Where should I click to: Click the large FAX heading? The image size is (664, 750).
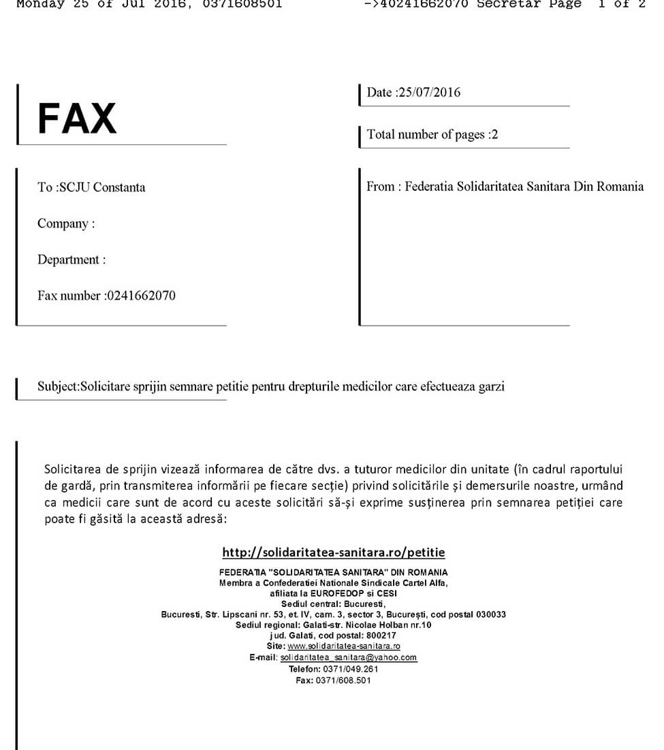point(77,118)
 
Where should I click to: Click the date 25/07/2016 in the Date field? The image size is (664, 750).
point(429,93)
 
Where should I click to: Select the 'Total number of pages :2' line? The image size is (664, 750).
point(432,134)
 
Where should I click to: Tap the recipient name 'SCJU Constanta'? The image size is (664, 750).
point(102,187)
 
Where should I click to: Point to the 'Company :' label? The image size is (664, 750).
point(66,223)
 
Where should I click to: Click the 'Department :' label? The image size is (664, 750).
point(72,260)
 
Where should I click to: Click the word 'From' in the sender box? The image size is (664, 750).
point(380,187)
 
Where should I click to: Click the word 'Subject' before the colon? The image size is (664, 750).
point(57,387)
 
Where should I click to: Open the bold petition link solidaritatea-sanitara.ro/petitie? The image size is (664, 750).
point(334,552)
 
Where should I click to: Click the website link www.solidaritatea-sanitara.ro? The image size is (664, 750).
point(344,646)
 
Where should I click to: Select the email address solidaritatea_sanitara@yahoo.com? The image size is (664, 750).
point(349,657)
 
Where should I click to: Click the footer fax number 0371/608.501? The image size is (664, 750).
point(343,680)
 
